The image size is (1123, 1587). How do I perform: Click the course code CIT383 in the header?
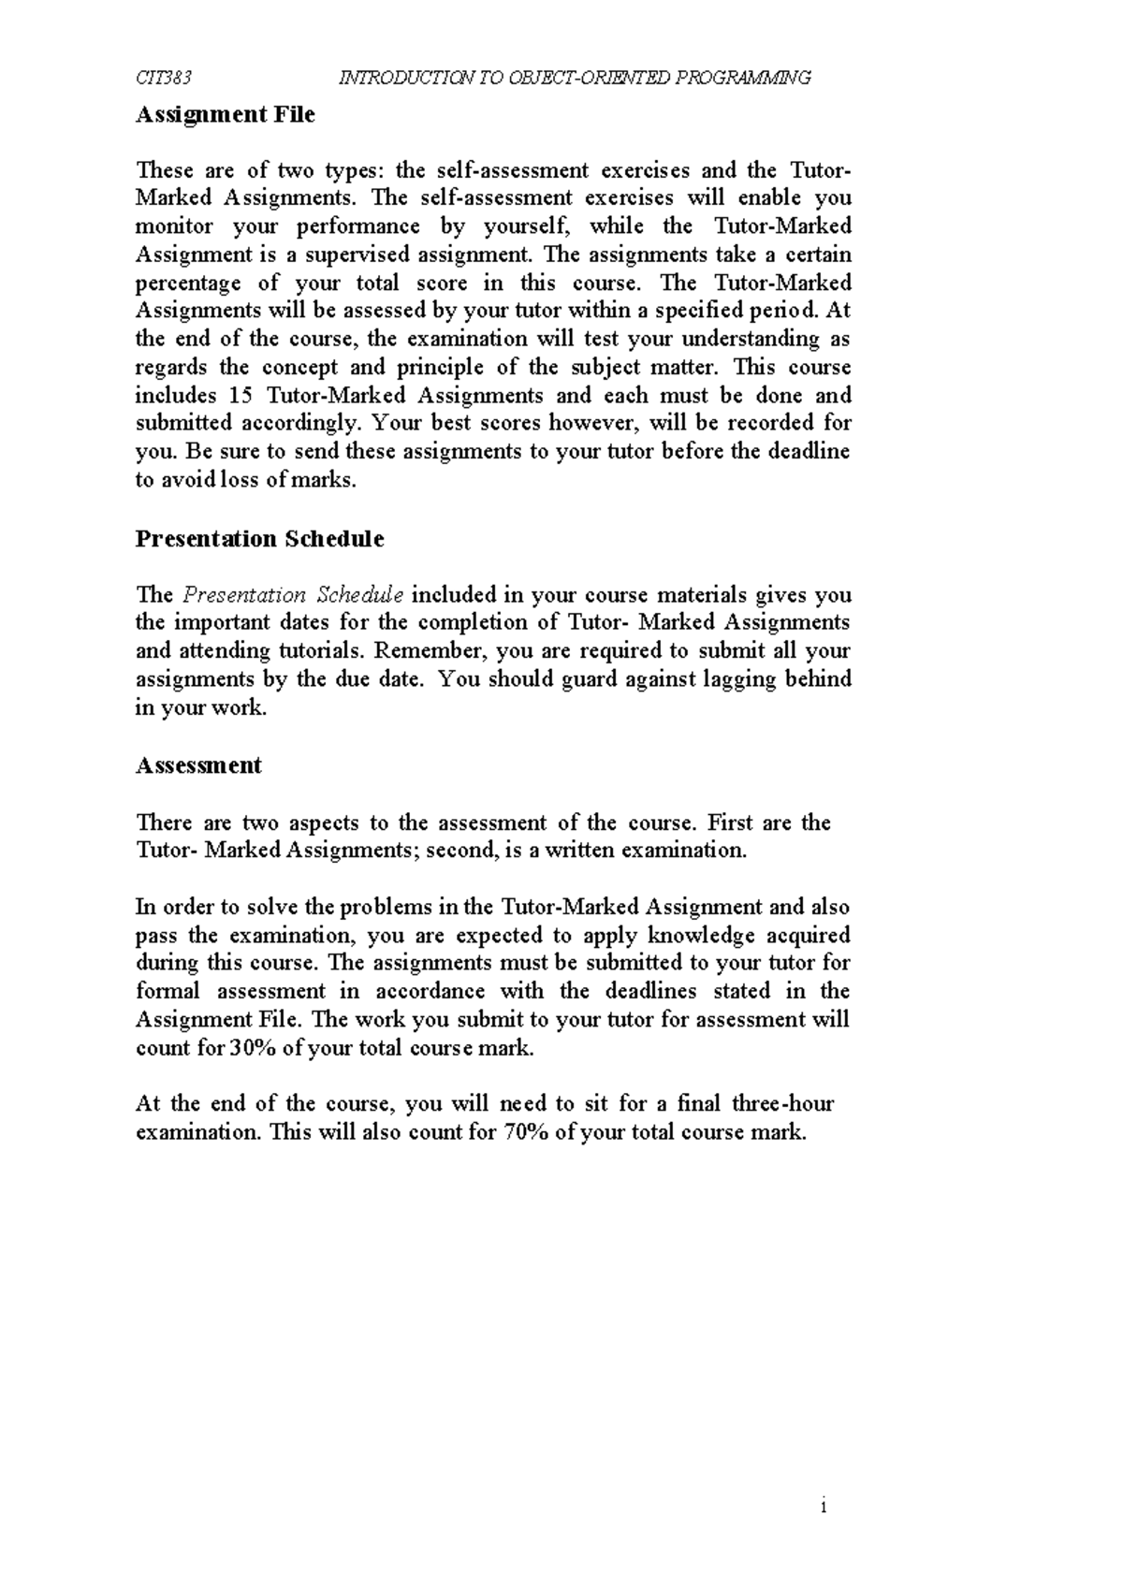[164, 78]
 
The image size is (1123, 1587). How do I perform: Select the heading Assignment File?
[226, 115]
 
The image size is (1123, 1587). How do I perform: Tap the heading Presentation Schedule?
[259, 539]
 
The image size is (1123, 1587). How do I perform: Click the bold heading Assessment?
[198, 765]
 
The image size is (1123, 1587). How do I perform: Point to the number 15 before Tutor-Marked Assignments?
[241, 395]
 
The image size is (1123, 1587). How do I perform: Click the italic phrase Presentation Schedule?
[293, 595]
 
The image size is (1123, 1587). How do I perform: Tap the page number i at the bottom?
[823, 1507]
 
